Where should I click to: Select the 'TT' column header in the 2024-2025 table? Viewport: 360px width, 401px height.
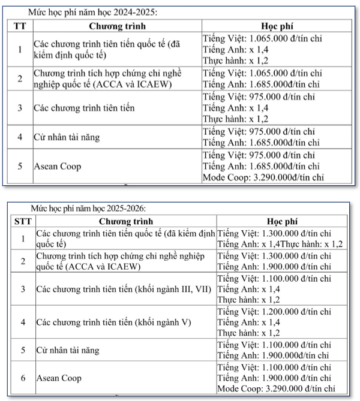pos(20,27)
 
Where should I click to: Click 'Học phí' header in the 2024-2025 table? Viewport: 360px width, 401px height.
pos(278,27)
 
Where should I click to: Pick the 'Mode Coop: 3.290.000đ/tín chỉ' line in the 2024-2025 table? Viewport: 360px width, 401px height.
pos(263,177)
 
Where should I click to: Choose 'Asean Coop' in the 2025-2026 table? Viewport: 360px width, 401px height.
pos(59,378)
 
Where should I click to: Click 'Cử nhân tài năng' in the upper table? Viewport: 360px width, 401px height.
pos(67,137)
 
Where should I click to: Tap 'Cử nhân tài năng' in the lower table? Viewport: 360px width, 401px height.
pos(68,349)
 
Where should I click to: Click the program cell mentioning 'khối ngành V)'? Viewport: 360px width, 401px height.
pos(113,322)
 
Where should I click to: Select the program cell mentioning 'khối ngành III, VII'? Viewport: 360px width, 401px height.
pos(124,289)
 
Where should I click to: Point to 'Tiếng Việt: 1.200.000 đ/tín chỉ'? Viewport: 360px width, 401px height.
pos(274,312)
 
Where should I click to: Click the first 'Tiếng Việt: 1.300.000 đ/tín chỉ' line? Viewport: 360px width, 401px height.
pos(274,233)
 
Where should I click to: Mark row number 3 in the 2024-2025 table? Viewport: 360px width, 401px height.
pos(20,108)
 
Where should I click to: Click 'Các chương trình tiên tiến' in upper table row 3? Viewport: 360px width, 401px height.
pos(84,108)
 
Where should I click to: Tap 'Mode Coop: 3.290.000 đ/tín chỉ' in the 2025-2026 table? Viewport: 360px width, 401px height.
pos(275,389)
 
